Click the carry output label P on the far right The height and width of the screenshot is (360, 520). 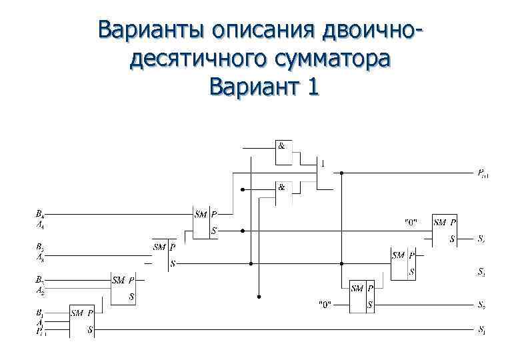tap(482, 175)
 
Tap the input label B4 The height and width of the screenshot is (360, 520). tap(40, 215)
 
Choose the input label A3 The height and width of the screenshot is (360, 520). tap(40, 256)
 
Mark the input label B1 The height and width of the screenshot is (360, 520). tap(40, 312)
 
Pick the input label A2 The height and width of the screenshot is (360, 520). tap(40, 290)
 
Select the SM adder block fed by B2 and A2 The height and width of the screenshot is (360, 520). tap(123, 288)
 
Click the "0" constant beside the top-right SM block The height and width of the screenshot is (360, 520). tap(411, 222)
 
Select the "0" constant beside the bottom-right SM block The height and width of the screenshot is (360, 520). tap(325, 305)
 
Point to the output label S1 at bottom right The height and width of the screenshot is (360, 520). tap(481, 329)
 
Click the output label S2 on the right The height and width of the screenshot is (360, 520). tap(481, 305)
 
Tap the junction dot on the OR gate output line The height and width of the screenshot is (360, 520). tap(341, 173)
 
